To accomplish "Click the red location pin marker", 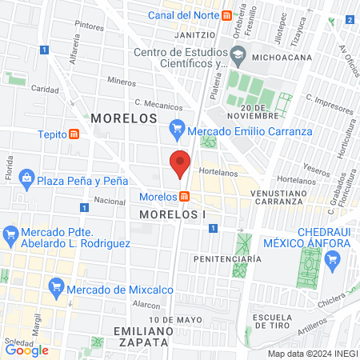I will [x=181, y=162].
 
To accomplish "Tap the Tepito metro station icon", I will [x=74, y=134].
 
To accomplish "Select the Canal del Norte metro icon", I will [x=228, y=15].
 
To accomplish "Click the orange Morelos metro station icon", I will [x=185, y=197].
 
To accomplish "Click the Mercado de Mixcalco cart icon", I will [x=56, y=286].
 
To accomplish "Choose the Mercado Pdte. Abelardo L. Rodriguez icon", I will [x=11, y=234].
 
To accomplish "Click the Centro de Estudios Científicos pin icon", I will [x=238, y=54].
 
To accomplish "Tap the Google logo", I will [x=26, y=350].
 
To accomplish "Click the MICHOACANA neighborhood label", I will [x=281, y=58].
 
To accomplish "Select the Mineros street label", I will [x=122, y=81].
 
